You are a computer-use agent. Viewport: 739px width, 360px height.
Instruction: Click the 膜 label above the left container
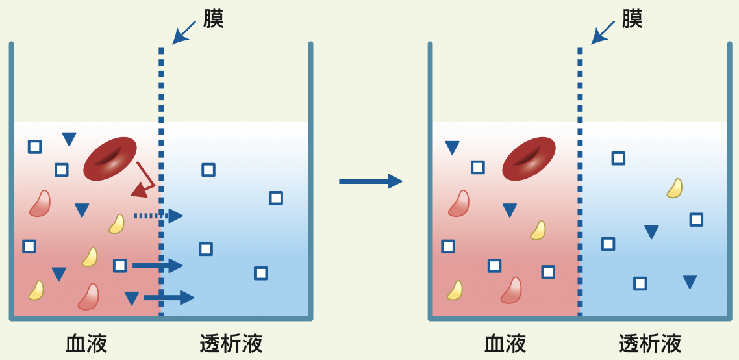coord(213,19)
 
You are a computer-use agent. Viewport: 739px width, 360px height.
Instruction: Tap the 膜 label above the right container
coord(632,19)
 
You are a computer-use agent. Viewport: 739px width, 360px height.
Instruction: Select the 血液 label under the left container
coord(86,343)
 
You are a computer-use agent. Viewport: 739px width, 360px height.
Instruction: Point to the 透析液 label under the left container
coord(231,343)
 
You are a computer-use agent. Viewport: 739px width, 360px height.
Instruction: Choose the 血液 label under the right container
coord(505,343)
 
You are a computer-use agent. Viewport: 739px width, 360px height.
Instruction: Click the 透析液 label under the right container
coord(650,343)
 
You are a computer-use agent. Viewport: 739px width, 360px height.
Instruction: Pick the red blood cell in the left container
coord(110,159)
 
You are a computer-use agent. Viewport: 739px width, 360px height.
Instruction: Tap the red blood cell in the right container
coord(529,159)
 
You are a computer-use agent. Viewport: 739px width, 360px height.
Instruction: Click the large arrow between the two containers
coord(370,181)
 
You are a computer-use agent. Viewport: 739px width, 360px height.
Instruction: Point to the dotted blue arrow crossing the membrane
coord(158,216)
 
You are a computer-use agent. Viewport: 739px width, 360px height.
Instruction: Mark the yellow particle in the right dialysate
coord(675,188)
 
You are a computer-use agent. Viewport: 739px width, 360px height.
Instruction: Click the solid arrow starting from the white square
coord(158,265)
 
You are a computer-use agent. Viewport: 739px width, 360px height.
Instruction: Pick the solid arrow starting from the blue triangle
coord(169,298)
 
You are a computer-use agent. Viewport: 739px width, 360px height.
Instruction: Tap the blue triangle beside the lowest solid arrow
coord(132,298)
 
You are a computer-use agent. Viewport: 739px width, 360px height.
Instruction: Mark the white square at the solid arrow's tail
coord(119,265)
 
